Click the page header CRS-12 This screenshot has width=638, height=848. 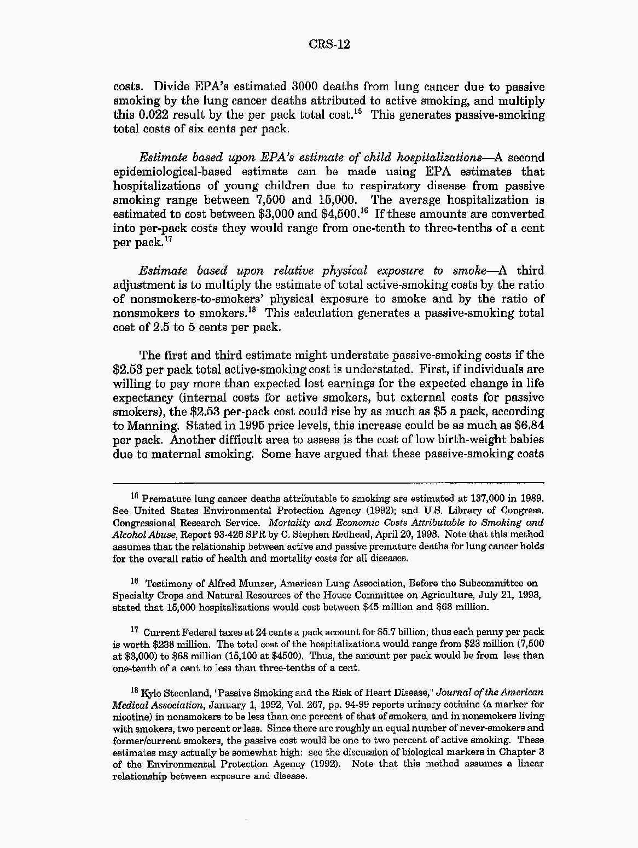[x=329, y=44]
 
